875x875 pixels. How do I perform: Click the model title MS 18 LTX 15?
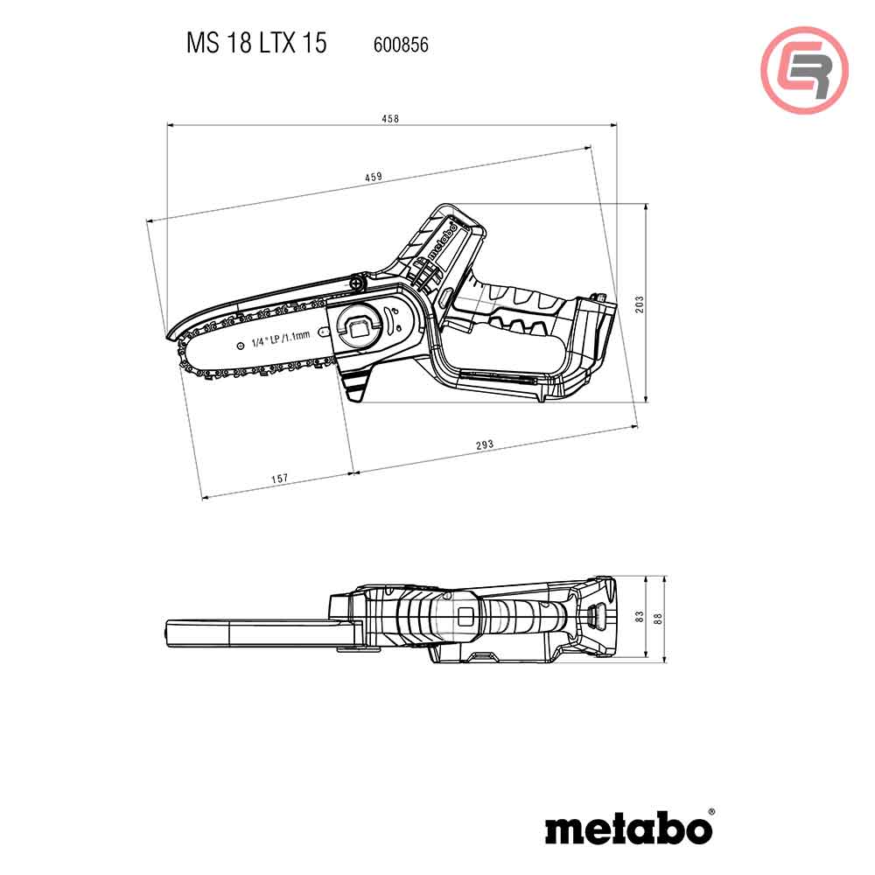click(x=255, y=44)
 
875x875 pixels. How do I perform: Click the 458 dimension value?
click(x=390, y=119)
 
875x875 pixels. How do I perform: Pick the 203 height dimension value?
click(x=640, y=304)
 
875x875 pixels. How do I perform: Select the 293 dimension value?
click(x=485, y=444)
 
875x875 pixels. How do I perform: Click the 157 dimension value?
click(x=279, y=479)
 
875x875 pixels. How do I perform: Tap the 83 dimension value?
click(x=640, y=617)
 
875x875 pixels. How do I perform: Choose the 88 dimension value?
click(x=658, y=617)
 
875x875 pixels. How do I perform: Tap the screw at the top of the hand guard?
click(x=357, y=283)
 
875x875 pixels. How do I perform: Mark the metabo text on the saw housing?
click(x=442, y=242)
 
